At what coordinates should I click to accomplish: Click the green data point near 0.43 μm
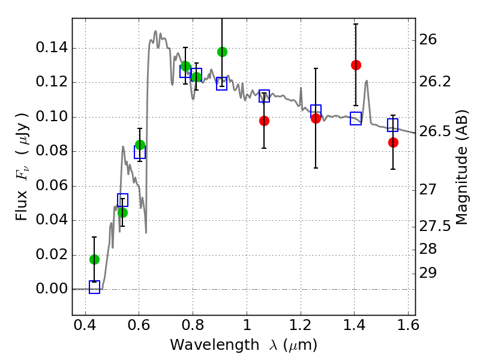[x=94, y=259]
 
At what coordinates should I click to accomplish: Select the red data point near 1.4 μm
[x=356, y=65]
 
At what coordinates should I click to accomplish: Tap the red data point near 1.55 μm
[x=393, y=142]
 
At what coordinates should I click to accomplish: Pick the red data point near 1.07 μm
[x=264, y=121]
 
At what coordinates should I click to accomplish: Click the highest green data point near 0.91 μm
[x=222, y=52]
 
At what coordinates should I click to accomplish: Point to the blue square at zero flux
[x=94, y=287]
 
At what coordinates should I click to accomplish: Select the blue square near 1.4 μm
[x=356, y=118]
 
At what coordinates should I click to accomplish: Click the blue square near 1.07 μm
[x=264, y=95]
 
